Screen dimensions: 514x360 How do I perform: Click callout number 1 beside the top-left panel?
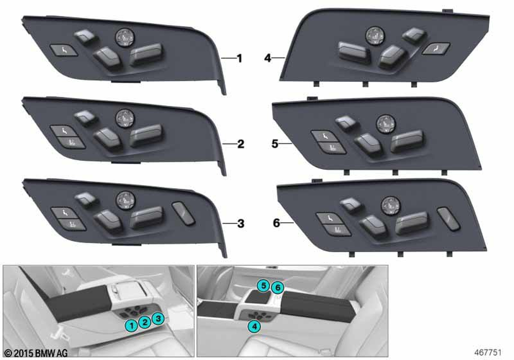click(x=240, y=58)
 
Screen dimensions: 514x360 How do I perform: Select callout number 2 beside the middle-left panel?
click(x=241, y=144)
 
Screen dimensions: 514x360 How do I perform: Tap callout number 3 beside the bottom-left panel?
click(x=241, y=224)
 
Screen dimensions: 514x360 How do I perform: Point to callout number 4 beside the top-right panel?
click(x=268, y=58)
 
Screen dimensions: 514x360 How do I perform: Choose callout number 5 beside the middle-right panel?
click(x=275, y=143)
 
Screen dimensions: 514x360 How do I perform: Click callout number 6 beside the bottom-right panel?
click(x=277, y=223)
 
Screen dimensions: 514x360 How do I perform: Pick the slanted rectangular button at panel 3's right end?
click(x=184, y=213)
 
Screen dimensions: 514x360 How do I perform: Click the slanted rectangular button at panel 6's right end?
click(x=448, y=219)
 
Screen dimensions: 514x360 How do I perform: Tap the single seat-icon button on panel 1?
click(x=64, y=50)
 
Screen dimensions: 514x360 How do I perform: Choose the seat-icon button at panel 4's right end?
click(x=436, y=49)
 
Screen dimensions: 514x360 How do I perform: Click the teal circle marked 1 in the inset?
click(x=132, y=326)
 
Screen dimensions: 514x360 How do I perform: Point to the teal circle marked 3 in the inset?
click(x=158, y=318)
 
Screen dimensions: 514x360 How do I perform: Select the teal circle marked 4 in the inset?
click(x=255, y=326)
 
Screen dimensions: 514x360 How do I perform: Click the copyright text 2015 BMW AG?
click(x=36, y=353)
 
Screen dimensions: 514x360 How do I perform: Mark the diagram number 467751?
click(x=488, y=352)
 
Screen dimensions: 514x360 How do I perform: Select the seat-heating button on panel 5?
click(x=332, y=148)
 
